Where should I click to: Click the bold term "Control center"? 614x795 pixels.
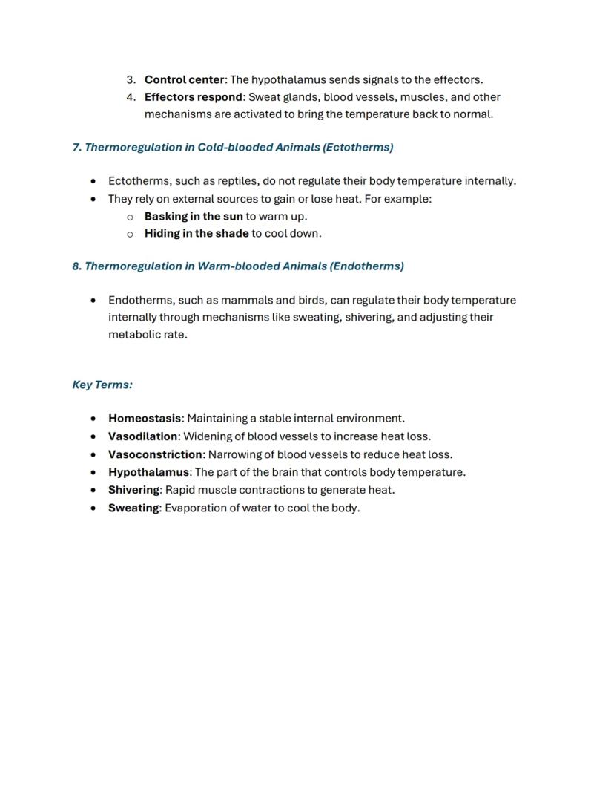(184, 79)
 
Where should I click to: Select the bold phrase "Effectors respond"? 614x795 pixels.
(193, 97)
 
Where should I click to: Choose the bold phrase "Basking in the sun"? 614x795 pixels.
(194, 216)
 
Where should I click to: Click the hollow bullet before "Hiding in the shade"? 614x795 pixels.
(130, 234)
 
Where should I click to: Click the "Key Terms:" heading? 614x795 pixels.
(102, 385)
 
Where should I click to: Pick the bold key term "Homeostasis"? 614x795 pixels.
(145, 418)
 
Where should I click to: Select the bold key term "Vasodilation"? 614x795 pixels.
(143, 436)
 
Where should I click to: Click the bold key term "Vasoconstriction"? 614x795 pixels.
(155, 454)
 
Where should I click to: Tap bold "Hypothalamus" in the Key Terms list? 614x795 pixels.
(148, 472)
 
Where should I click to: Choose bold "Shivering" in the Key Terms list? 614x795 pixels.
(134, 490)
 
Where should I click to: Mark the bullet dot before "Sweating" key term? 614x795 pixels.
(93, 508)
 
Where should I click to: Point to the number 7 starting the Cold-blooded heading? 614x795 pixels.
(76, 147)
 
